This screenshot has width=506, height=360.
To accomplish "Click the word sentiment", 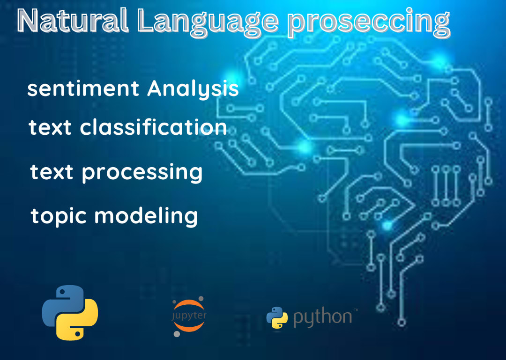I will (83, 89).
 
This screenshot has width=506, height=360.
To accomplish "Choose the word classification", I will (154, 127).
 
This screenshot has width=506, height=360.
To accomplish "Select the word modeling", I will (146, 216).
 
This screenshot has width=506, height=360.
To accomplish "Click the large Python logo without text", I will (70, 312).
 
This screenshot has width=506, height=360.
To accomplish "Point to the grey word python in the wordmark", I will (322, 317).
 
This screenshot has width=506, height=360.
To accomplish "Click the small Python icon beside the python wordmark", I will (277, 317).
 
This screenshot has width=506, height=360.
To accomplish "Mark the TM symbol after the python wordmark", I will (356, 309).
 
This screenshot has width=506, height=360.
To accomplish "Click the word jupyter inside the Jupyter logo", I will (189, 316).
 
